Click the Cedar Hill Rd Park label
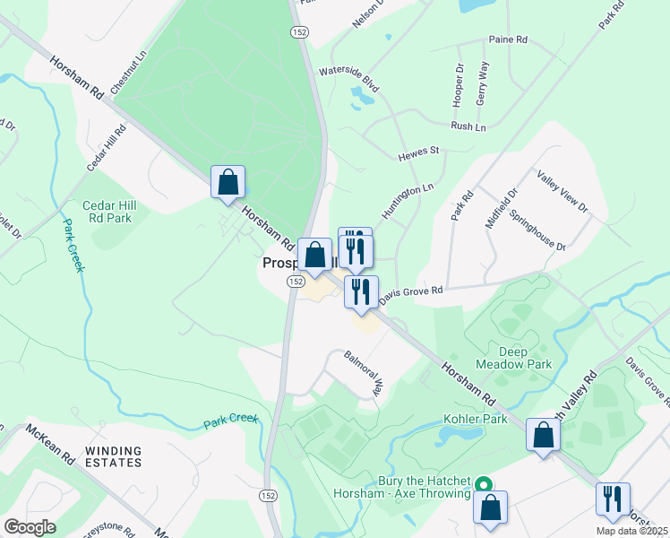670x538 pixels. pyautogui.click(x=107, y=212)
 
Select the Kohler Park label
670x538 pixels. pyautogui.click(x=475, y=419)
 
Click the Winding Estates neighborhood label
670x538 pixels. pyautogui.click(x=113, y=456)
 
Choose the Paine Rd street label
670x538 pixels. pyautogui.click(x=508, y=39)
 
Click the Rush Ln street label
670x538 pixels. pyautogui.click(x=468, y=127)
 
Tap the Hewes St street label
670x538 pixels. pyautogui.click(x=419, y=154)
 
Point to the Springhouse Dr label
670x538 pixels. pyautogui.click(x=537, y=230)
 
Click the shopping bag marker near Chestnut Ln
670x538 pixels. pyautogui.click(x=228, y=181)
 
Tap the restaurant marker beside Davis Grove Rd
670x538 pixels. pyautogui.click(x=361, y=292)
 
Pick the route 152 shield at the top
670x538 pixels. pyautogui.click(x=298, y=31)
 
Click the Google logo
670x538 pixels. pyautogui.click(x=30, y=526)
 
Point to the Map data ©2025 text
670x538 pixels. pyautogui.click(x=632, y=531)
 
